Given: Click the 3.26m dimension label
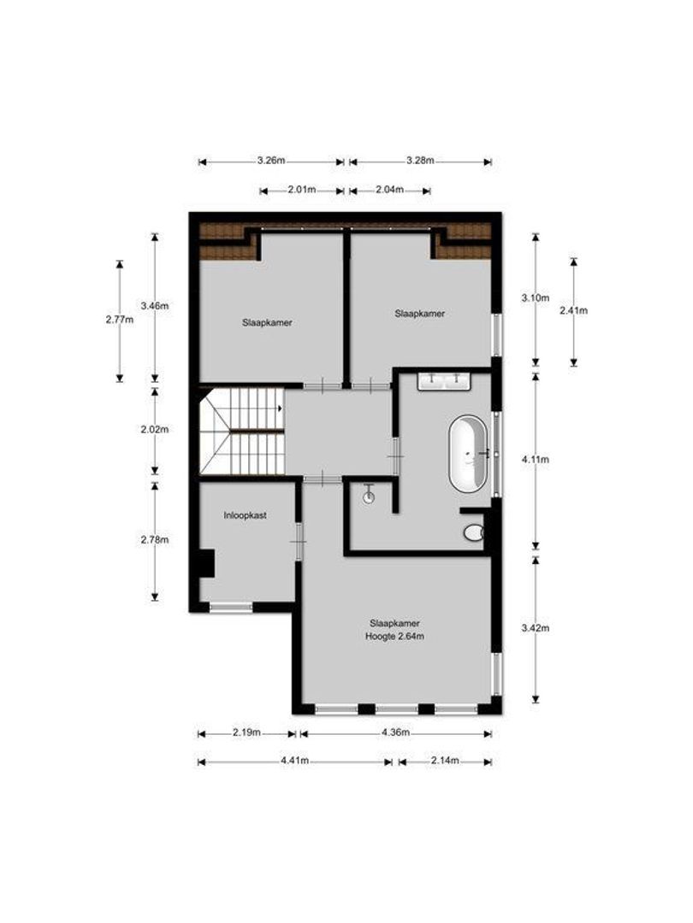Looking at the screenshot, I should tap(271, 161).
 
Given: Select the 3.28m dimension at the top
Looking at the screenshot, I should tap(420, 161).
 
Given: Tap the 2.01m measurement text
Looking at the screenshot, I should tap(301, 190).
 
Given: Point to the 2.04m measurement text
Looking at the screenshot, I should tap(389, 190).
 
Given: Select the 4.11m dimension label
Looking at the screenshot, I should tap(536, 459).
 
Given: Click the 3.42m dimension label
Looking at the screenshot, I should tap(536, 628).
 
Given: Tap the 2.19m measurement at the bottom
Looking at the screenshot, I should tap(246, 732).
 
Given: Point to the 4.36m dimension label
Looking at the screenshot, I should tap(394, 732).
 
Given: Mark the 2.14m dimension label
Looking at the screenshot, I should tap(444, 761).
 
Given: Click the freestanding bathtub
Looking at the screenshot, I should tap(470, 454).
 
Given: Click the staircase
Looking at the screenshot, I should tap(242, 432).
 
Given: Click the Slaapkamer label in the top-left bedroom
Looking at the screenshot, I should tap(268, 323).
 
